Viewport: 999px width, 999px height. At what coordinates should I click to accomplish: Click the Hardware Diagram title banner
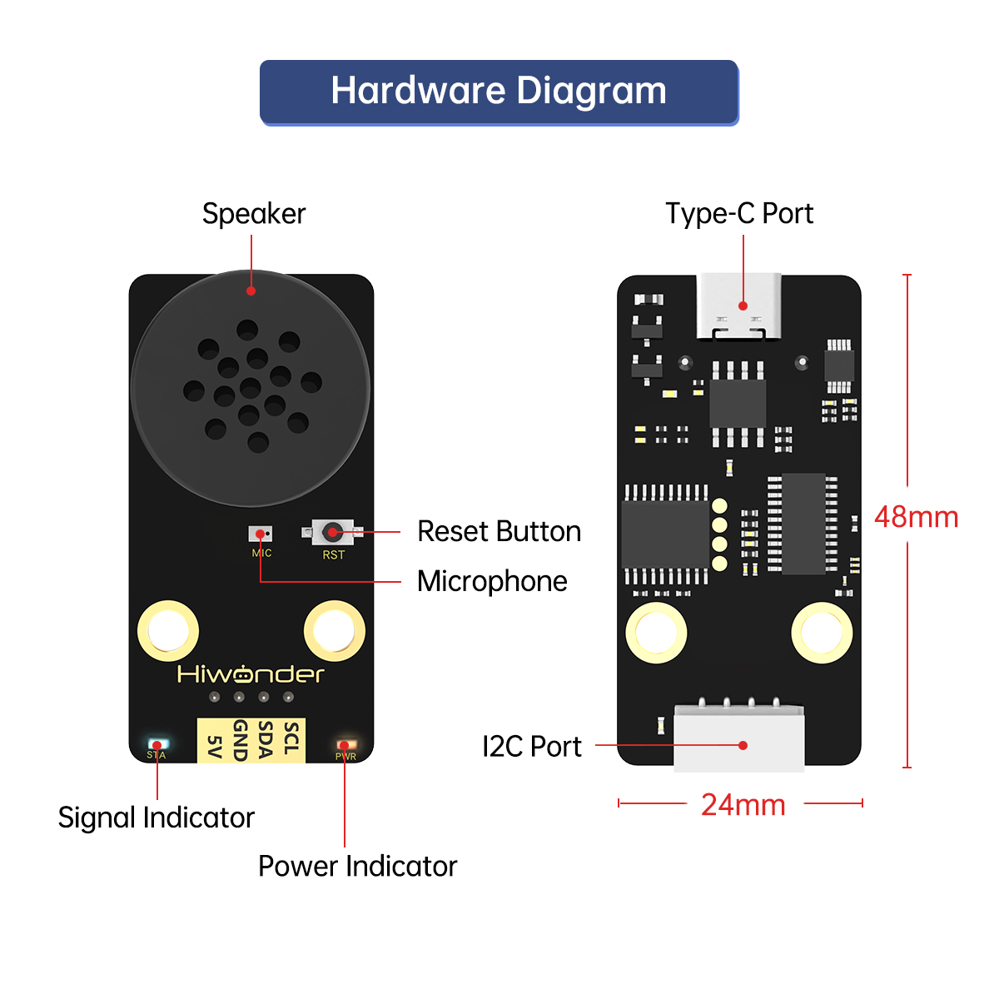(499, 92)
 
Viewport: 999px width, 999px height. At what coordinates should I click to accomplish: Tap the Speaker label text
(254, 214)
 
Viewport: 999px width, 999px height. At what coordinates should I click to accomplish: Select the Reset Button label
(499, 531)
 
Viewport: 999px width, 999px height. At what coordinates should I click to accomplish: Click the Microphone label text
(492, 581)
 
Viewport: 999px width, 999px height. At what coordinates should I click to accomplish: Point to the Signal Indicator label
(156, 818)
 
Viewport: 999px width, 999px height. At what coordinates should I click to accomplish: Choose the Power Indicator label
(357, 866)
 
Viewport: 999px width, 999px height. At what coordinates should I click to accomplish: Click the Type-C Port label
(739, 214)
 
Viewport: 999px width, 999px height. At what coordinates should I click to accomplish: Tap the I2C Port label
(532, 747)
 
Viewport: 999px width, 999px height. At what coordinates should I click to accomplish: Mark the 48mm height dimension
(916, 517)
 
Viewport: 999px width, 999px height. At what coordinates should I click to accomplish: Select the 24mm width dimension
(743, 805)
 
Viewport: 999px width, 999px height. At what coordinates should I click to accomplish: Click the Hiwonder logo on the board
(251, 673)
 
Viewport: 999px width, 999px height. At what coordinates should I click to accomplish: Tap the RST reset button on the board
(332, 531)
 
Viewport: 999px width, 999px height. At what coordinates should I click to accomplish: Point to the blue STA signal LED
(157, 743)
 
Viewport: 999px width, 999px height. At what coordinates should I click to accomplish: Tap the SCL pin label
(291, 738)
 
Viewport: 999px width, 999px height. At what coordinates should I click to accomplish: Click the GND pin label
(240, 740)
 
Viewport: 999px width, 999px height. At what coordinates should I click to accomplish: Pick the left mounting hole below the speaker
(168, 631)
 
